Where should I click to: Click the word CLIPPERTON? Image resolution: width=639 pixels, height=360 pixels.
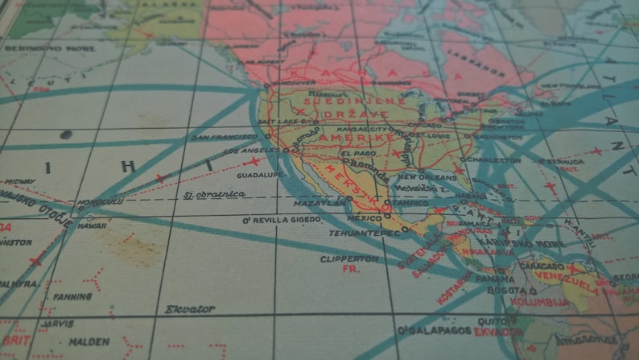[349, 259]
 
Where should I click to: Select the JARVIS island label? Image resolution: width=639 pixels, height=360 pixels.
[56, 323]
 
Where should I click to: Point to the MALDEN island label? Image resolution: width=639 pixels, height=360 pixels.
[89, 341]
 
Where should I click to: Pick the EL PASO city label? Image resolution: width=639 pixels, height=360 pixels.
[356, 153]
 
